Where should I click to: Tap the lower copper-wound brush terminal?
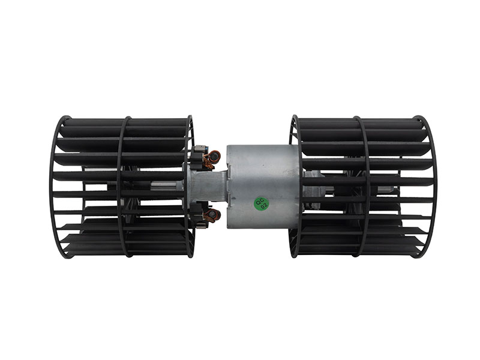click(x=212, y=214)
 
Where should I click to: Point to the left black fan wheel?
click(x=120, y=186)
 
